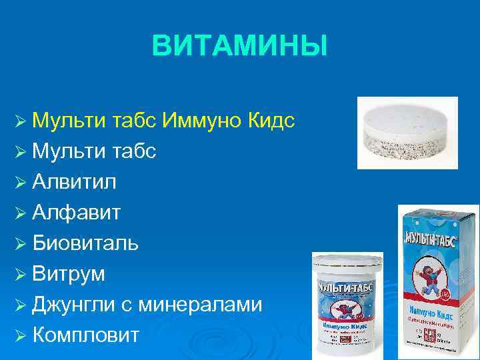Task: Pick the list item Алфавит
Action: pos(77,213)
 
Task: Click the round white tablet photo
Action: pos(407,133)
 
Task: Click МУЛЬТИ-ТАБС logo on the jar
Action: pos(347,289)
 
